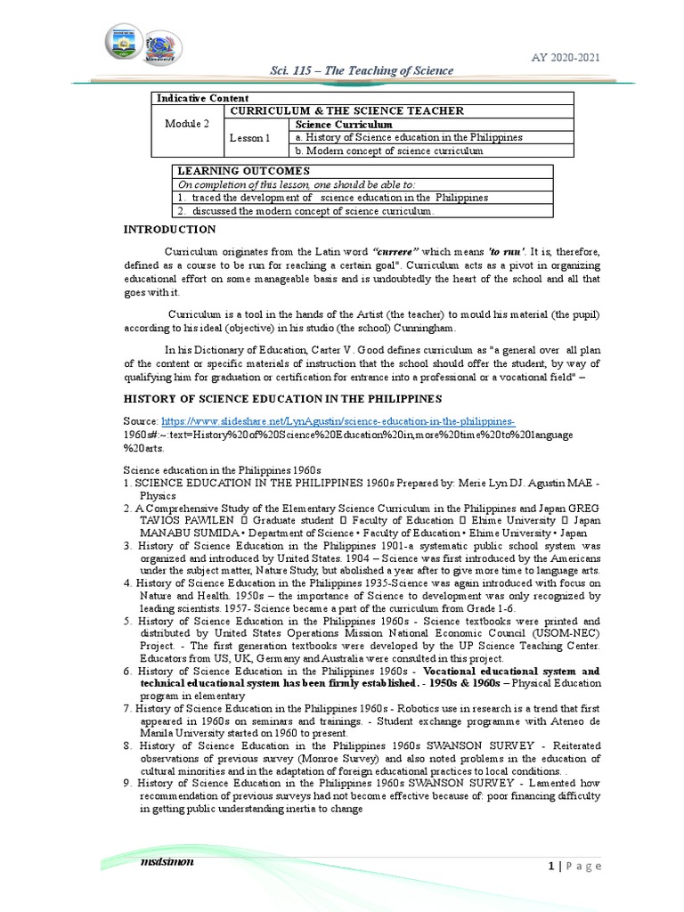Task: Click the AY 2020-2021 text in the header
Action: tap(566, 58)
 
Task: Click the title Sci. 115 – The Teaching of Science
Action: tap(362, 70)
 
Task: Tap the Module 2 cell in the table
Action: tap(187, 124)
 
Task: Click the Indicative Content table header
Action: tap(202, 97)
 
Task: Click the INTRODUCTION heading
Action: tap(168, 230)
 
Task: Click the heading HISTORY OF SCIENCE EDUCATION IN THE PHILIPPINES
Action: tap(281, 398)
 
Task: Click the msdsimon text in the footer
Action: tap(167, 862)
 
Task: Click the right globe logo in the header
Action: tap(163, 46)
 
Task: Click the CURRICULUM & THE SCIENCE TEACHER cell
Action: tap(346, 110)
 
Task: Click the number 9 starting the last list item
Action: tap(127, 783)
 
